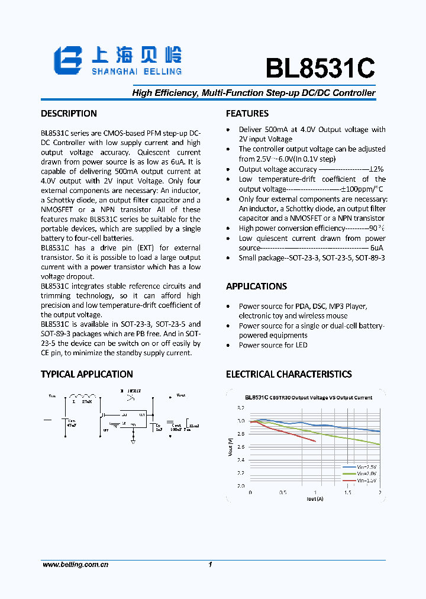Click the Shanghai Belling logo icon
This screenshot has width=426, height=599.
67,60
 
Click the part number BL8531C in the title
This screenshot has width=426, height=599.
319,69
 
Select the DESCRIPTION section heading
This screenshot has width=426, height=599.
69,114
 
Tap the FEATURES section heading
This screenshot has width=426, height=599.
247,114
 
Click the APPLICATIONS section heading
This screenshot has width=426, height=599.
256,286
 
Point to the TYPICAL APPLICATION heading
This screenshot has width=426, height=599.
86,374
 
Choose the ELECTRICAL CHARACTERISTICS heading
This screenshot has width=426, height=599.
289,374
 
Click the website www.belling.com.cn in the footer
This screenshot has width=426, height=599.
75,565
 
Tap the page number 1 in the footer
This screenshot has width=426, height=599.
210,565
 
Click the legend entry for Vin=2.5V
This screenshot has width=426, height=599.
367,467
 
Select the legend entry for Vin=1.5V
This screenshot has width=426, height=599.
367,481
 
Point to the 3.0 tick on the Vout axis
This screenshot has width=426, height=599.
241,421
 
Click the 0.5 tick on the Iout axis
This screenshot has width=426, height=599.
283,492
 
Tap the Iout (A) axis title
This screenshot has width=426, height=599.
315,499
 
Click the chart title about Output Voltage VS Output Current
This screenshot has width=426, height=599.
309,398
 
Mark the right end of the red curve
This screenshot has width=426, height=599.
315,441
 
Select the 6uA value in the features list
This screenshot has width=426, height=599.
377,249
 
